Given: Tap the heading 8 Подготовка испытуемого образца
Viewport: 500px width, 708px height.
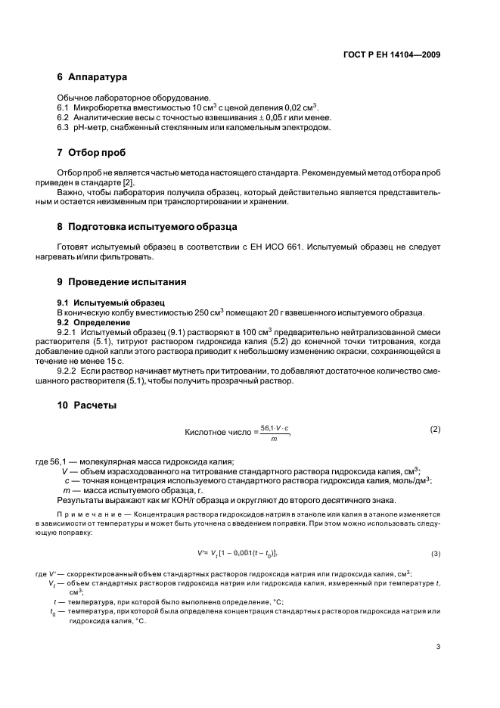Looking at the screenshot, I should pyautogui.click(x=148, y=226).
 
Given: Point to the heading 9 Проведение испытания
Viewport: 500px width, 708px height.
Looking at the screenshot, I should pyautogui.click(x=122, y=281).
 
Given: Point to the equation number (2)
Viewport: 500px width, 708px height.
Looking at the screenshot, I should pyautogui.click(x=435, y=429).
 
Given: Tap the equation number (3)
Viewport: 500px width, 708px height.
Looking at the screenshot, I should pyautogui.click(x=435, y=553).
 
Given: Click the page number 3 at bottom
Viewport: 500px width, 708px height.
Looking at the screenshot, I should pyautogui.click(x=438, y=646).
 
